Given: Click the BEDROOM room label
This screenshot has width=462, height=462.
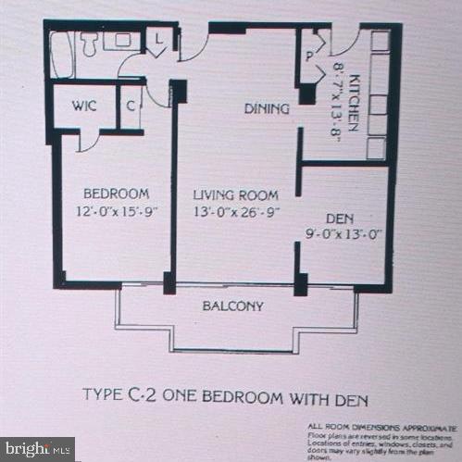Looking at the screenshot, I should (116, 194).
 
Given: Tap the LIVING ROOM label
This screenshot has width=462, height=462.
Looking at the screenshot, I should (235, 194).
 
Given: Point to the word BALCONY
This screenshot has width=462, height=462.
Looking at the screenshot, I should (233, 306).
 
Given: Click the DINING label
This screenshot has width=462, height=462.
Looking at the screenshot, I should (267, 109).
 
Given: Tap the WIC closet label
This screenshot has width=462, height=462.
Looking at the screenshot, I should (84, 106).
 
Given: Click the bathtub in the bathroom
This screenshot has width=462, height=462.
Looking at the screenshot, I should (61, 55).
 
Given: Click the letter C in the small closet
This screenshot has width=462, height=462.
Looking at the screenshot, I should (131, 106).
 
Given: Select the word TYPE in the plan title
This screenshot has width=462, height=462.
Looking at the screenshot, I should (104, 400).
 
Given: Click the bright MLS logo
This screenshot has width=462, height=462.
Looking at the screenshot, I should (38, 450).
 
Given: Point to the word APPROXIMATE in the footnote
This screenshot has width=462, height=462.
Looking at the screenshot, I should (426, 424).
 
